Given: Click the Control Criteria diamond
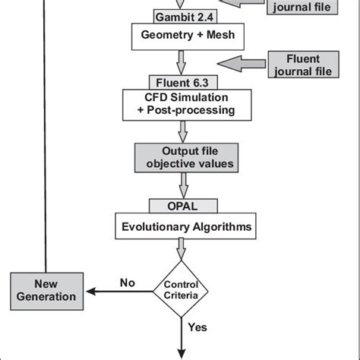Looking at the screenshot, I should [181, 289].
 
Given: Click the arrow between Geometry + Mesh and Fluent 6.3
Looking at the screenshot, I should [181, 61].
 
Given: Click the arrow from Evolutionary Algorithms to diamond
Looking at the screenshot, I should [181, 248].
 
